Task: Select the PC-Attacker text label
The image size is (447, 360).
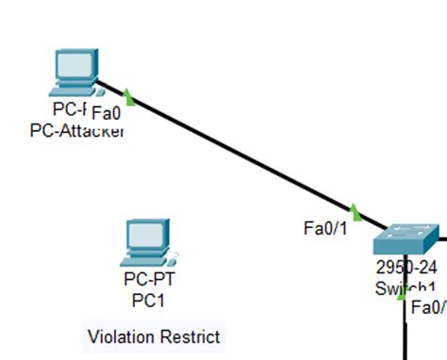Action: point(77,130)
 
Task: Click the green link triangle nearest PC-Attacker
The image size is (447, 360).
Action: point(128,97)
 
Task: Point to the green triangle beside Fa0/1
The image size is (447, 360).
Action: point(355,211)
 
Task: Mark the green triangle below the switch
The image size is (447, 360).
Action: point(403,296)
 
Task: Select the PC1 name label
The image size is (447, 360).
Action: point(148,300)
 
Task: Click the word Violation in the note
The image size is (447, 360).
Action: point(120,336)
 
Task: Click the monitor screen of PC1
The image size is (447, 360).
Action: point(145,234)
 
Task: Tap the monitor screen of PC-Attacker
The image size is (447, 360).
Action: point(74,65)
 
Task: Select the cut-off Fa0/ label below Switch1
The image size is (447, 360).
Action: point(427,307)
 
